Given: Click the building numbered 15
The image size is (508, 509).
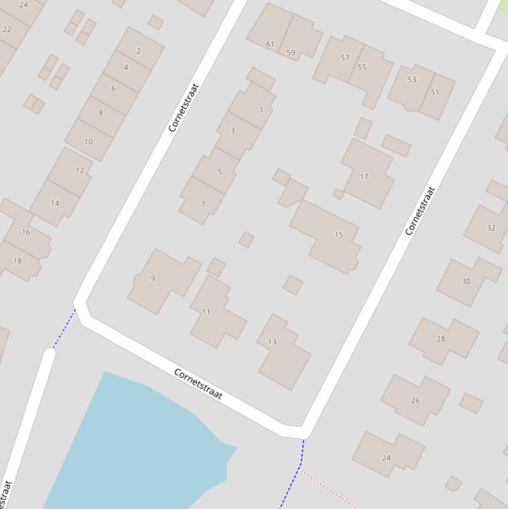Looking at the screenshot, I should pos(338,235).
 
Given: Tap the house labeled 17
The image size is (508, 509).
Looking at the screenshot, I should pos(364,176).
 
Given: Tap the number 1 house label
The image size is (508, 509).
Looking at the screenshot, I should pos(262,110).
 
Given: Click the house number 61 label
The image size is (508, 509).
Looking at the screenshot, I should pos(270,44).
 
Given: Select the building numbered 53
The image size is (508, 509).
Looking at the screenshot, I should pos(412,79).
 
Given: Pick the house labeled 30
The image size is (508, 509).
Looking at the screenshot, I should pos(466,281).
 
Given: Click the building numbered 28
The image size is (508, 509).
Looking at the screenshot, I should pos(441,338).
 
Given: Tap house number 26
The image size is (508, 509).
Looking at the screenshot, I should pos(416,400).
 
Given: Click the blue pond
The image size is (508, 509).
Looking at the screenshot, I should pos(139,443).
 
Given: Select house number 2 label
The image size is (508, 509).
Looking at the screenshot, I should pos(138,51).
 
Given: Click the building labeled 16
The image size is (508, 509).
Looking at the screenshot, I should pos(26,232).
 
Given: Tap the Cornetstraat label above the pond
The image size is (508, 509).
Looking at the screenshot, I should pos(198,384).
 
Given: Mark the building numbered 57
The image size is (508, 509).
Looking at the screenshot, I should pos(345,58).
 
